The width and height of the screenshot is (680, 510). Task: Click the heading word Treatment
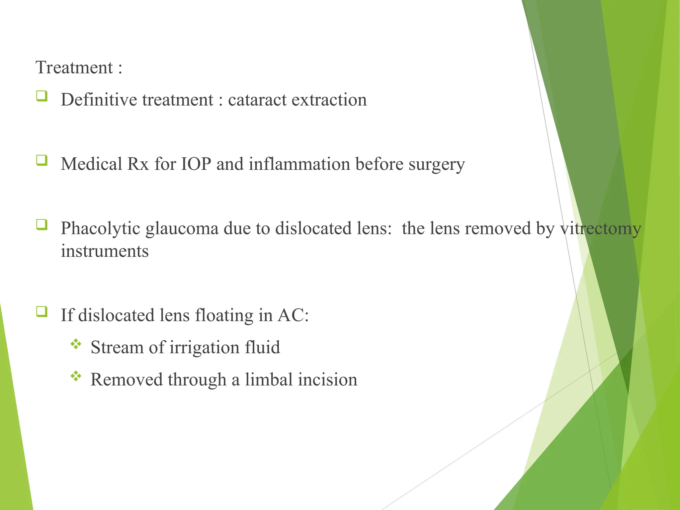pyautogui.click(x=74, y=68)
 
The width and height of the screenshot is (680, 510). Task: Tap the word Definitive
pyautogui.click(x=99, y=100)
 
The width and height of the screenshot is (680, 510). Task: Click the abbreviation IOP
pyautogui.click(x=196, y=164)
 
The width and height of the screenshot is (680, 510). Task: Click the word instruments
pyautogui.click(x=105, y=251)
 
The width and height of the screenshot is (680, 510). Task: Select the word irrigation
pyautogui.click(x=204, y=348)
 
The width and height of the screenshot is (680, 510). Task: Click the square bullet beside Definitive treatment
pyautogui.click(x=42, y=96)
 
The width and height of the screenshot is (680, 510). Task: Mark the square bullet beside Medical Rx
pyautogui.click(x=42, y=160)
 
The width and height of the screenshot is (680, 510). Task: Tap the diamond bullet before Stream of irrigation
pyautogui.click(x=76, y=344)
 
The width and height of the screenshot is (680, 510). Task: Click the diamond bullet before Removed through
pyautogui.click(x=76, y=376)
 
